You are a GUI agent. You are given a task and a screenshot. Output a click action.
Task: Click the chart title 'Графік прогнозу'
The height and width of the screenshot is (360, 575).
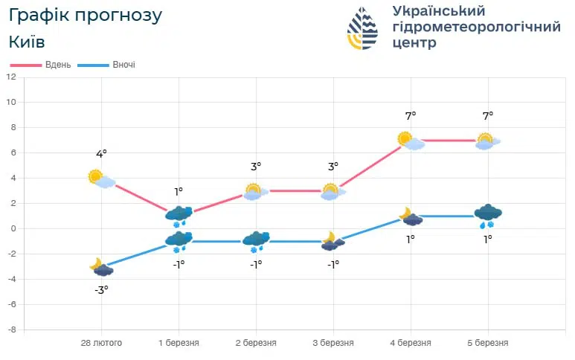pyautogui.click(x=86, y=15)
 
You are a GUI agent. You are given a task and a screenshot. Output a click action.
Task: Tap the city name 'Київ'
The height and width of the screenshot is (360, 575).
pyautogui.click(x=28, y=42)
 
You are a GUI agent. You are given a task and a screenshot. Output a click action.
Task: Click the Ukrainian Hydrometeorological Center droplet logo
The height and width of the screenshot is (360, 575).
pyautogui.click(x=363, y=28)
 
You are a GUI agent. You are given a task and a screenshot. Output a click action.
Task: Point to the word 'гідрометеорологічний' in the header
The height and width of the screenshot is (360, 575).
pyautogui.click(x=476, y=27)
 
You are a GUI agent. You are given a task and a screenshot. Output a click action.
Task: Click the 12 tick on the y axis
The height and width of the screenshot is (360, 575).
pyautogui.click(x=11, y=77)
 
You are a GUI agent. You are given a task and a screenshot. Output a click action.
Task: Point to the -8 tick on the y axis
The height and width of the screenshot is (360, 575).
pyautogui.click(x=11, y=329)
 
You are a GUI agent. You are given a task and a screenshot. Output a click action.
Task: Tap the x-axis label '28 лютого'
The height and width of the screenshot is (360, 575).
pyautogui.click(x=101, y=343)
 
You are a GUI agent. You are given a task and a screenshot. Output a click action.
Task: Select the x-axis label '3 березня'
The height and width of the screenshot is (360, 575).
pyautogui.click(x=333, y=343)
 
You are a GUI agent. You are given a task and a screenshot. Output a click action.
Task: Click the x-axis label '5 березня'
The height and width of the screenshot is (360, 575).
pyautogui.click(x=487, y=343)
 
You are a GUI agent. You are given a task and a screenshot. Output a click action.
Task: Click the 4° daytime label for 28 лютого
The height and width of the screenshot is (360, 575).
pyautogui.click(x=101, y=154)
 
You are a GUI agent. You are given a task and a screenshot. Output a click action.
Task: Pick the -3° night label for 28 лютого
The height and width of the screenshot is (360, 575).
pyautogui.click(x=101, y=289)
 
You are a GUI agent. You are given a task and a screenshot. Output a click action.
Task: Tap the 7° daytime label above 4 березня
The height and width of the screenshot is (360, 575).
pyautogui.click(x=410, y=116)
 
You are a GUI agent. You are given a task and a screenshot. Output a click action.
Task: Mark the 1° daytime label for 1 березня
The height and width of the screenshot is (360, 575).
pyautogui.click(x=179, y=192)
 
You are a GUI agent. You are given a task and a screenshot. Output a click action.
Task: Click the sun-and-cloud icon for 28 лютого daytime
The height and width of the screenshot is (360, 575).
pyautogui.click(x=101, y=179)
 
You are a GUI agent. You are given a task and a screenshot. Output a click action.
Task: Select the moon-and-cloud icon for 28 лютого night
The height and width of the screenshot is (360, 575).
pyautogui.click(x=101, y=267)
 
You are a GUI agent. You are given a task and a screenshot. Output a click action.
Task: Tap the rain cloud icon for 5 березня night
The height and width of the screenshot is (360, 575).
pyautogui.click(x=488, y=216)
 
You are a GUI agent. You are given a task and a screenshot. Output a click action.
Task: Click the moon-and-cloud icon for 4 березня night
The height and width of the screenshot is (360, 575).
pyautogui.click(x=410, y=216)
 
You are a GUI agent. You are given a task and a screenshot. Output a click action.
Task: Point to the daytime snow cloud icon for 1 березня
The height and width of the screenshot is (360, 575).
pyautogui.click(x=179, y=216)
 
